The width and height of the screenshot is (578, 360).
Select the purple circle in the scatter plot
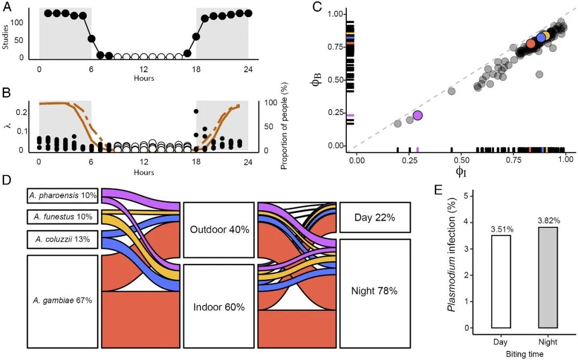(x=417, y=116)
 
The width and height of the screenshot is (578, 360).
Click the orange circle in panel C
(x=530, y=43)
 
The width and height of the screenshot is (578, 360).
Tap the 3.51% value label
(x=501, y=229)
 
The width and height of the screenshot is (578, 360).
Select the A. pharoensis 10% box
(x=62, y=196)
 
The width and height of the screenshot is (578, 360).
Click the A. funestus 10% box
(x=62, y=217)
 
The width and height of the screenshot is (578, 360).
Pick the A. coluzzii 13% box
(x=62, y=239)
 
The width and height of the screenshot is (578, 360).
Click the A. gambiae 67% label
(x=62, y=301)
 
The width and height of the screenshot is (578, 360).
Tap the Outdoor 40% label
(x=219, y=229)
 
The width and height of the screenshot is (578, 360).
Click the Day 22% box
(x=375, y=218)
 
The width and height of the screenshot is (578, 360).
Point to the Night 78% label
(x=375, y=291)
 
